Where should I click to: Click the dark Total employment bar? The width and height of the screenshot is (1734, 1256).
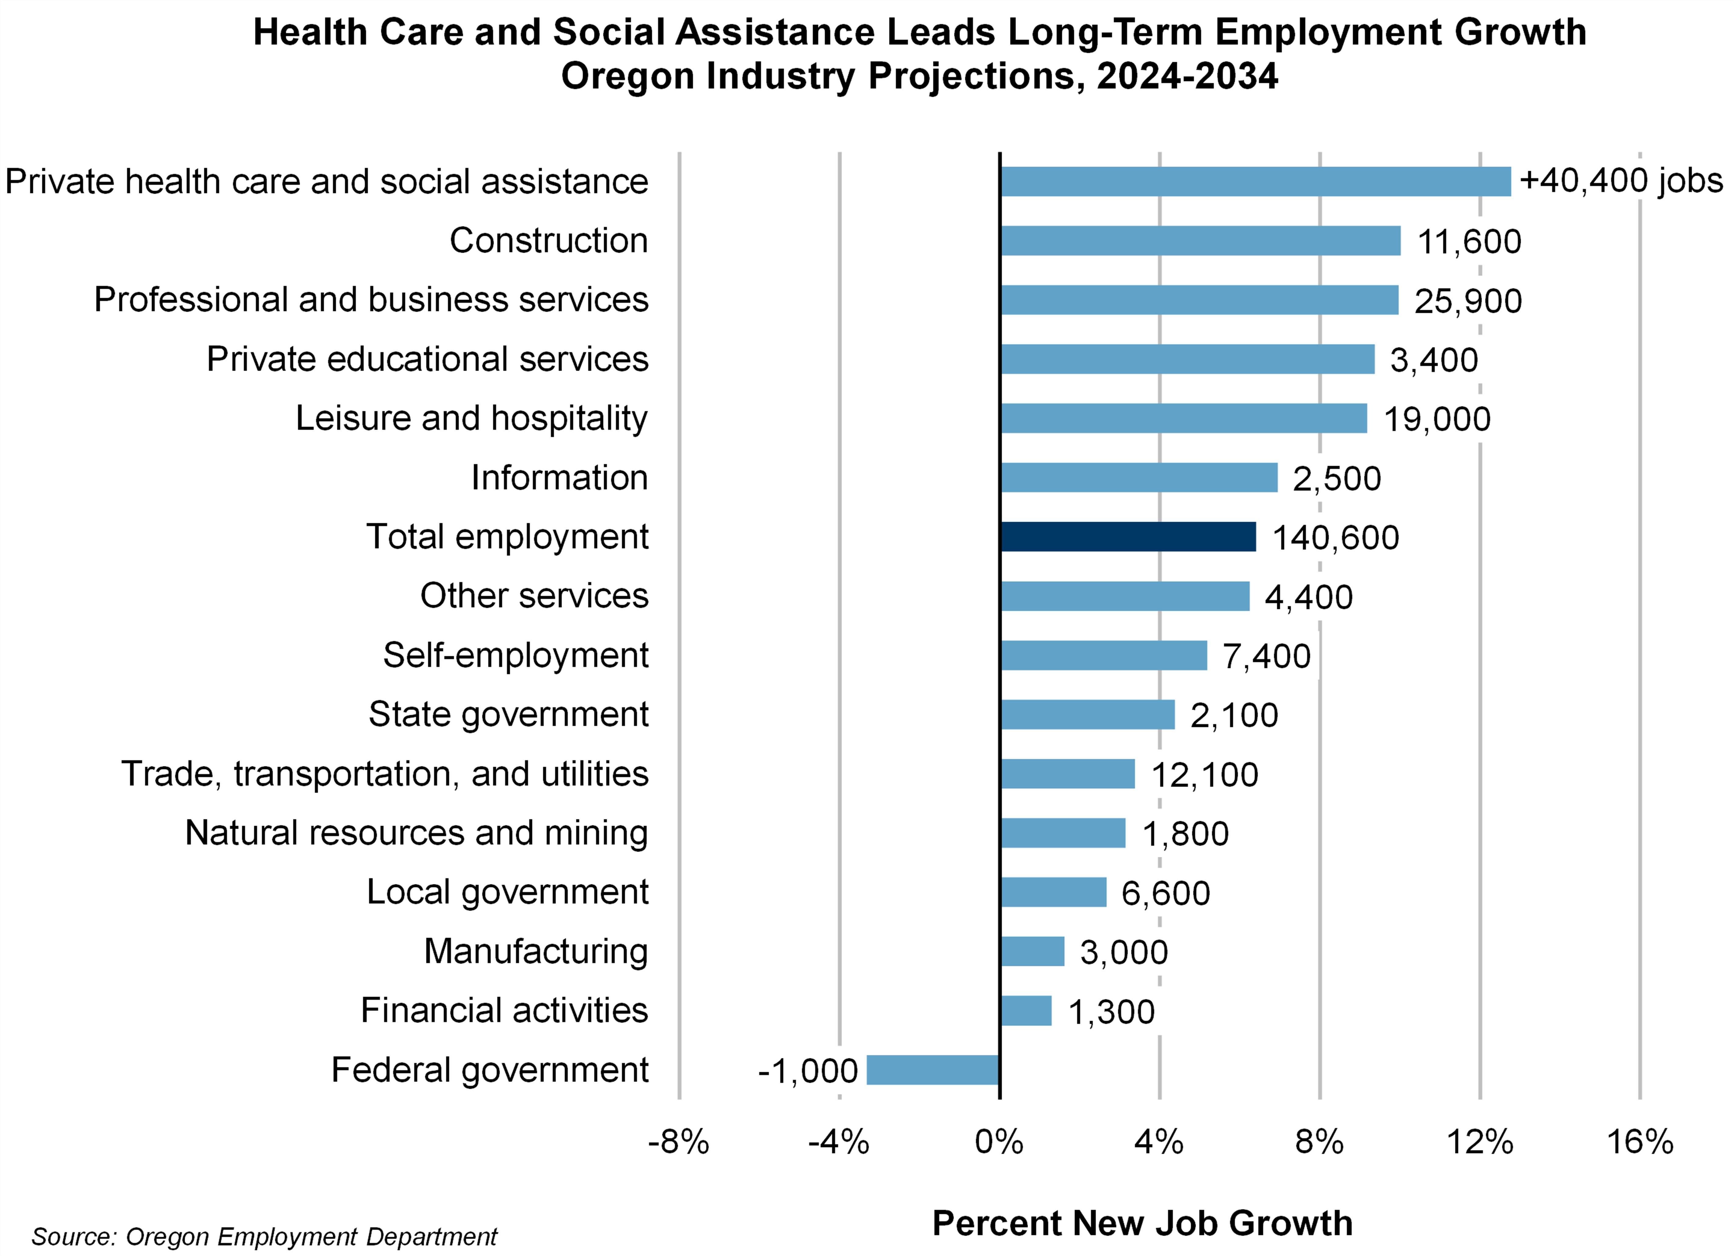click(x=1128, y=537)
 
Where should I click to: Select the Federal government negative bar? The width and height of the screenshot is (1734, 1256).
click(x=933, y=1070)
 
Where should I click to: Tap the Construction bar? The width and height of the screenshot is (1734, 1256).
click(x=1200, y=241)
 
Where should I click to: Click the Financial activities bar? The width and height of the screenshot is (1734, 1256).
click(x=1026, y=1011)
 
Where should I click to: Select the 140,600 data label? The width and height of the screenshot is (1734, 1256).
click(x=1335, y=537)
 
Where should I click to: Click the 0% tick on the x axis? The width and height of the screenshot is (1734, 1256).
click(x=998, y=1142)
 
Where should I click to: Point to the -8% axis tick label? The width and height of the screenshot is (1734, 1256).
click(x=678, y=1142)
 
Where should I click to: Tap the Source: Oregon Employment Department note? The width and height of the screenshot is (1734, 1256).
click(x=264, y=1236)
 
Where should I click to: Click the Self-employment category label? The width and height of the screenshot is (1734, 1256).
click(x=515, y=655)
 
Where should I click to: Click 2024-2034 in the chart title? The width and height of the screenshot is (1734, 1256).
click(x=1187, y=76)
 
